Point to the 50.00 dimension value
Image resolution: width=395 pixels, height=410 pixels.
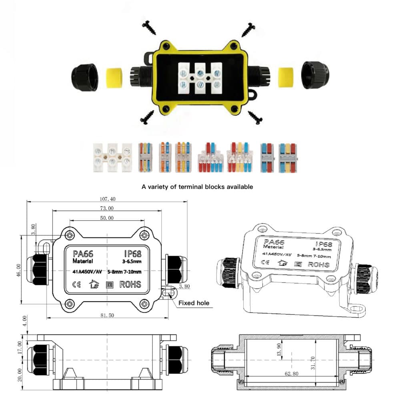point(106,218)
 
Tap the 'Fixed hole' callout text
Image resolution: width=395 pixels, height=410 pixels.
point(194,303)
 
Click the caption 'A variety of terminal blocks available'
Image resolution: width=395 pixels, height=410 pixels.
point(197,187)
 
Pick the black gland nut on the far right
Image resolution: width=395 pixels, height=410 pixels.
point(314,75)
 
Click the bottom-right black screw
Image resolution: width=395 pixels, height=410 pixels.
point(255,117)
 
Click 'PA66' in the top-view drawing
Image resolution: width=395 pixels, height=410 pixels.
point(83,254)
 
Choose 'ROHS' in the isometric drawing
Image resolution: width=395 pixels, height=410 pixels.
point(319,264)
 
